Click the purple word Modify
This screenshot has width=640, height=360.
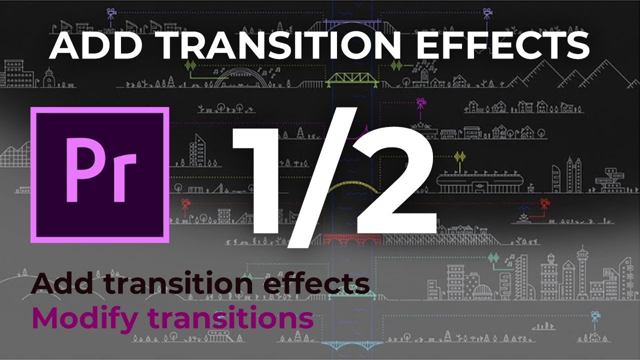(85, 319)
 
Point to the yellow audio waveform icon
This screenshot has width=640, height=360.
(459, 157)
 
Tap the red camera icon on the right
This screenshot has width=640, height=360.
(544, 203)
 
